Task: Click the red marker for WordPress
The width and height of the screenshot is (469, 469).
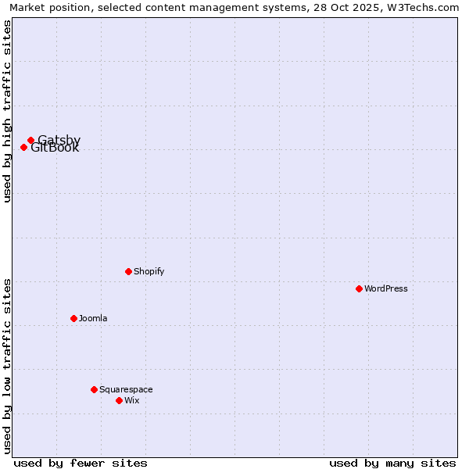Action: point(359,288)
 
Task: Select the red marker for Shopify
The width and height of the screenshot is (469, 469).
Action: point(128,271)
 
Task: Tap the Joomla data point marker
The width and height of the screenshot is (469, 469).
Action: point(73,318)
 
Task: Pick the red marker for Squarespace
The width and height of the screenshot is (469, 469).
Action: point(94,389)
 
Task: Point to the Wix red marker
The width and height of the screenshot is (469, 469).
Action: point(119,400)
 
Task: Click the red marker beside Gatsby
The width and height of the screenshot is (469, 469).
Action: point(30,141)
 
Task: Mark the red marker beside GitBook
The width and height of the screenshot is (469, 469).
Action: point(23,147)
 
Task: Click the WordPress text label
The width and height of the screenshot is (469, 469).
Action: point(386,289)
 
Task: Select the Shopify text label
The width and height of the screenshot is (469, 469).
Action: point(149,272)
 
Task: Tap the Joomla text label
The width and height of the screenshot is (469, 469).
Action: point(93,319)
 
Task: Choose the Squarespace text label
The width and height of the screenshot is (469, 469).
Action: point(126,390)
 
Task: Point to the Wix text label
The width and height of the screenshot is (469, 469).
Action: point(132,401)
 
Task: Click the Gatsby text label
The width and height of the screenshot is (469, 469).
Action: point(59,139)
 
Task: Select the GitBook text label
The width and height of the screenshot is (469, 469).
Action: point(55,149)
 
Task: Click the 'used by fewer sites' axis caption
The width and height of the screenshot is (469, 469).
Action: point(81,463)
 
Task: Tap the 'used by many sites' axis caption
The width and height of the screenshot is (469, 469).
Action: point(392,463)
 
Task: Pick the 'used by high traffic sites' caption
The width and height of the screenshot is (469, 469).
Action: point(7,111)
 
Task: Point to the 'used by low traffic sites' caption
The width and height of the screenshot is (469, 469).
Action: point(7,366)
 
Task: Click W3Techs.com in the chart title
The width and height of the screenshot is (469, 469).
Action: point(428,7)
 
